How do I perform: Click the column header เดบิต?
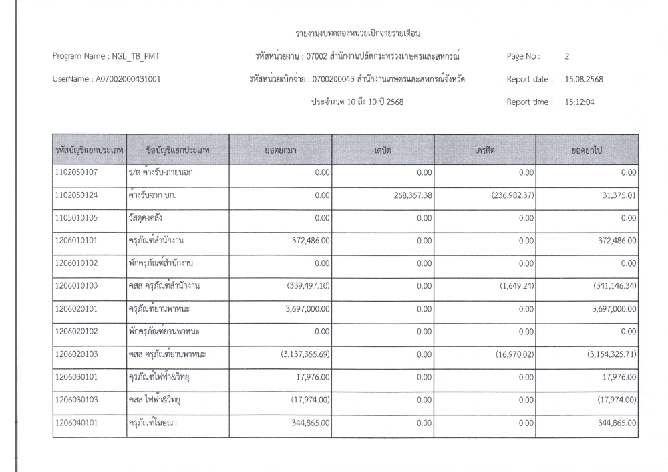click(383, 151)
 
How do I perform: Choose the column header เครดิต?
click(484, 151)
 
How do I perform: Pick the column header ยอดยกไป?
click(587, 151)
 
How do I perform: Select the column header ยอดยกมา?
click(281, 151)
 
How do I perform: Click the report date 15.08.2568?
click(584, 79)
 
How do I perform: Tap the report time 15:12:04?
click(580, 102)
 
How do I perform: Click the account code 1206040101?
click(77, 424)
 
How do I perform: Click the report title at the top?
click(361, 33)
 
